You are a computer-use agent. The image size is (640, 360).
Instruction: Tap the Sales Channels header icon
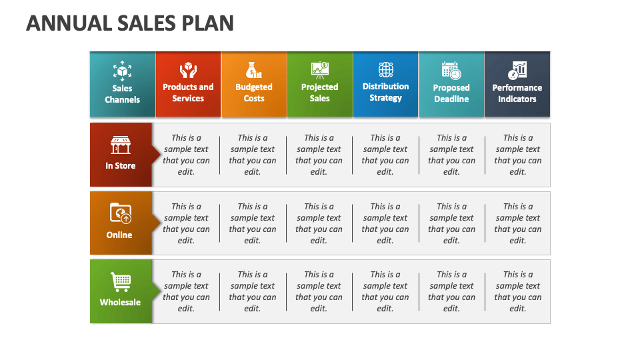coord(122,70)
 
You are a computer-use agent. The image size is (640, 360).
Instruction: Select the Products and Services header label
coord(188,93)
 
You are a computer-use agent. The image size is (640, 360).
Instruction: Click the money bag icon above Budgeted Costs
coord(254,70)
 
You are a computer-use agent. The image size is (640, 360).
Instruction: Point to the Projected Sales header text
coord(319,93)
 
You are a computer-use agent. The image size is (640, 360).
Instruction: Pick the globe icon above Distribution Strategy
coord(386,69)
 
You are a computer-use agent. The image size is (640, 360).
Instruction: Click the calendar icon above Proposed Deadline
coord(451,70)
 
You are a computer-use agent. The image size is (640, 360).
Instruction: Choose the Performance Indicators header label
coord(517,93)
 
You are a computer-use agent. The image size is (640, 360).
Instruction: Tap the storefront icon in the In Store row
coord(121,145)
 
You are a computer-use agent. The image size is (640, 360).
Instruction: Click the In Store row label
coord(121,166)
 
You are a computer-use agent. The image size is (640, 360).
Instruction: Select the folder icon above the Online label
coord(121,213)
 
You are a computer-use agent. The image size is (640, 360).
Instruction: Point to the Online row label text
coord(119,235)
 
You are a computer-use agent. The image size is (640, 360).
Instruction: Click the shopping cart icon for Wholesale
coord(121,282)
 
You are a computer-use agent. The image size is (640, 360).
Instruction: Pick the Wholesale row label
coord(120,303)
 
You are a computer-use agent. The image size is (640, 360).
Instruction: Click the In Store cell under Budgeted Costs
coord(253,155)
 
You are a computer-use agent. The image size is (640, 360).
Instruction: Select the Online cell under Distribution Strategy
coord(385,223)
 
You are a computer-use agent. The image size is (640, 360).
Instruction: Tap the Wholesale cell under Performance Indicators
coord(518,291)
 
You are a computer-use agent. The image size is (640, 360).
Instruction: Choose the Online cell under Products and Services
coord(186,223)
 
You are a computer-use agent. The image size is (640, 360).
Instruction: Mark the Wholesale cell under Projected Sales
coord(319,291)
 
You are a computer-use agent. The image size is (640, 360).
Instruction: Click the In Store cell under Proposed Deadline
coord(451,155)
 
